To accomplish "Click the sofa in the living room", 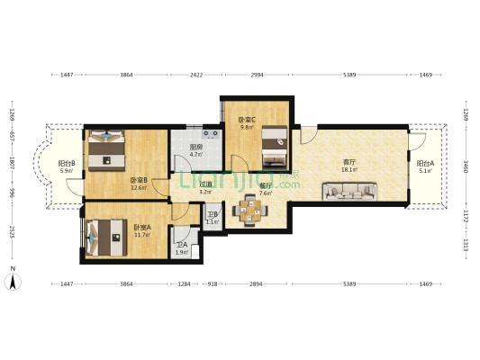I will pos(350,190).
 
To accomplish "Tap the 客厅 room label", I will pos(349,163).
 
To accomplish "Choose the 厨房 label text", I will pos(195,147).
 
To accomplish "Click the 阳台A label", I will pos(425,164).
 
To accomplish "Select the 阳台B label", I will pos(66,164).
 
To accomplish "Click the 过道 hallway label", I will pos(206,184).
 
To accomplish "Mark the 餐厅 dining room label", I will pos(266,185).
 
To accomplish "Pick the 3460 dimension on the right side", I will pos(466,166).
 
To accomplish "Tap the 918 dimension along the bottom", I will pos(213,283).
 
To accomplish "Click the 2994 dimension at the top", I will pos(257,76).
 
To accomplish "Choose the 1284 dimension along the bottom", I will pos(185,283).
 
